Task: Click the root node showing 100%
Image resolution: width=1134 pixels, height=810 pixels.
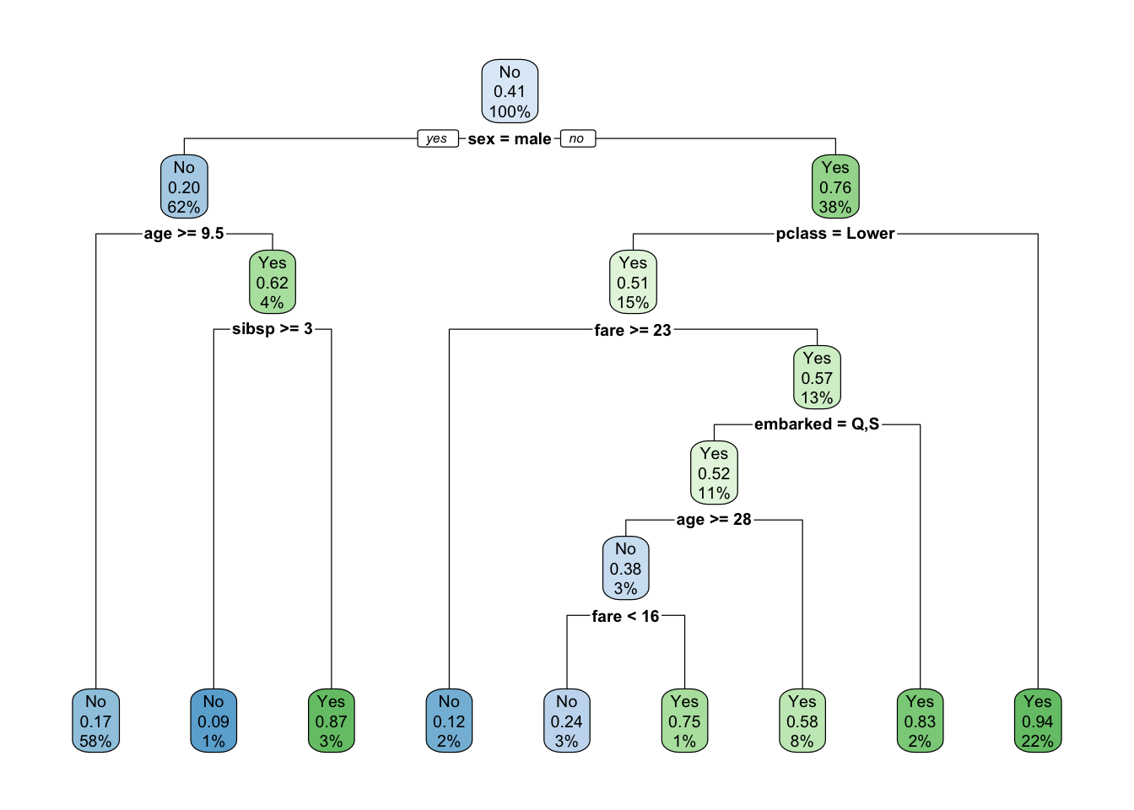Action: coord(510,91)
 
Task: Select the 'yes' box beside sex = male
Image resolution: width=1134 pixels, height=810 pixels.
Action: coord(437,138)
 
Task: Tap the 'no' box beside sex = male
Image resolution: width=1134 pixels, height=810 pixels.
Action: coord(576,138)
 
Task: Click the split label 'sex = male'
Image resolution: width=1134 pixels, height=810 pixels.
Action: coord(510,139)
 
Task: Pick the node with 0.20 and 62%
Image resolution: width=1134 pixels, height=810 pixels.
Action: coord(184,187)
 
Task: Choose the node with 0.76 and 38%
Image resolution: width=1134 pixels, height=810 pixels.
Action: coord(835,187)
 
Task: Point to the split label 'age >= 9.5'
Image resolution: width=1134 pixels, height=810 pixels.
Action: coord(184,234)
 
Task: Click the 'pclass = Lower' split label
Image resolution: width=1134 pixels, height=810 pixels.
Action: coord(835,234)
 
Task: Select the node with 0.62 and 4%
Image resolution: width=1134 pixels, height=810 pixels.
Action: coord(273,283)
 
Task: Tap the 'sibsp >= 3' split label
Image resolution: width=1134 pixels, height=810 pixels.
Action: coord(273,329)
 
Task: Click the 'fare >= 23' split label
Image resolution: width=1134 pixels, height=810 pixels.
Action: coord(633,330)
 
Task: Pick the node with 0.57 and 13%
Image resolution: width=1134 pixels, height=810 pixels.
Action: coord(817,378)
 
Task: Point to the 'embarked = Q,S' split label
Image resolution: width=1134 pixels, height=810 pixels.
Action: coord(817,424)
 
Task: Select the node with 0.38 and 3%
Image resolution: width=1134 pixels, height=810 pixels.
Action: coord(625,569)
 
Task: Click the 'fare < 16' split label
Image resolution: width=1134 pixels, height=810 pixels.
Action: coord(625,617)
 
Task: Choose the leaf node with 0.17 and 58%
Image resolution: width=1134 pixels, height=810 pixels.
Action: coord(95,721)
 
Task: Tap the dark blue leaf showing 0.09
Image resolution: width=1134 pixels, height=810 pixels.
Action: coord(213,721)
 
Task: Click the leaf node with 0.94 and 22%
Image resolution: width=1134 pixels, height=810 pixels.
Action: coord(1038,721)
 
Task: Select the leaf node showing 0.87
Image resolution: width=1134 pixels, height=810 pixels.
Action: coord(331,721)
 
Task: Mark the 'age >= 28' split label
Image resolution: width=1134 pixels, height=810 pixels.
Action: coord(714,520)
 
